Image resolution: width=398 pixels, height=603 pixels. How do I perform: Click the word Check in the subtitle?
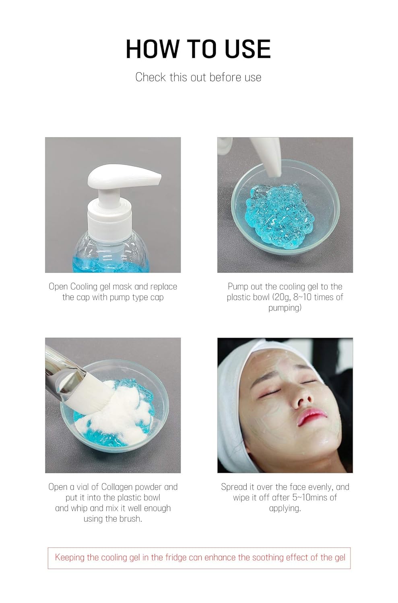tap(151, 77)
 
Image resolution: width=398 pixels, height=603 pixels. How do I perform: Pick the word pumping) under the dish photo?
tap(285, 308)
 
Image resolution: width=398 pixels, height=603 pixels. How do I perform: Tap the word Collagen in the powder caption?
tap(117, 487)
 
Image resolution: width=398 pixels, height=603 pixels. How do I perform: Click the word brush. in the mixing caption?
tap(130, 519)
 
